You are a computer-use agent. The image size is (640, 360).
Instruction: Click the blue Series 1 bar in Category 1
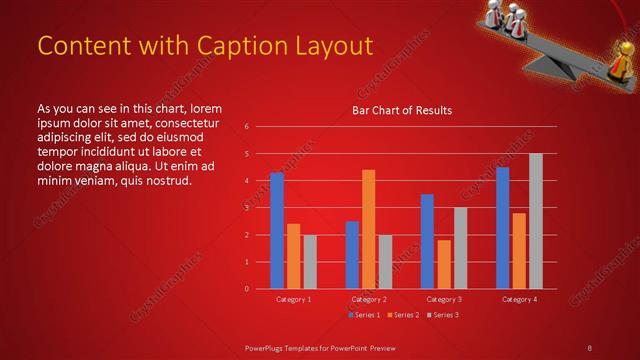[277, 231]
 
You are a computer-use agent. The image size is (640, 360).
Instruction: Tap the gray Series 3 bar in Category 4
[536, 221]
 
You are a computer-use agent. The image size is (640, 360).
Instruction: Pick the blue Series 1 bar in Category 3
[427, 241]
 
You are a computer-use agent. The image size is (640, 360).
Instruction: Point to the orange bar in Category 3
[443, 264]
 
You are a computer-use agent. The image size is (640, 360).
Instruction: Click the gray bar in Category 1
[310, 262]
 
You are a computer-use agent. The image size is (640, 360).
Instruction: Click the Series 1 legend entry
[363, 315]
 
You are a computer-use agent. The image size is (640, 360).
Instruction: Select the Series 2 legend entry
[402, 315]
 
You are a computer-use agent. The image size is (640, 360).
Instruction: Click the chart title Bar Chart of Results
[402, 110]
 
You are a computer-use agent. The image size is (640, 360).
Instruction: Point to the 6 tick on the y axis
[246, 127]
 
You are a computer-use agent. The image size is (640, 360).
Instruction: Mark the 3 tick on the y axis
[246, 208]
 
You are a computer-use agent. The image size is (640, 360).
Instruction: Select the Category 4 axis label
[519, 299]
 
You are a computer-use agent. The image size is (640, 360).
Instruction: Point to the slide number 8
[589, 347]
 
